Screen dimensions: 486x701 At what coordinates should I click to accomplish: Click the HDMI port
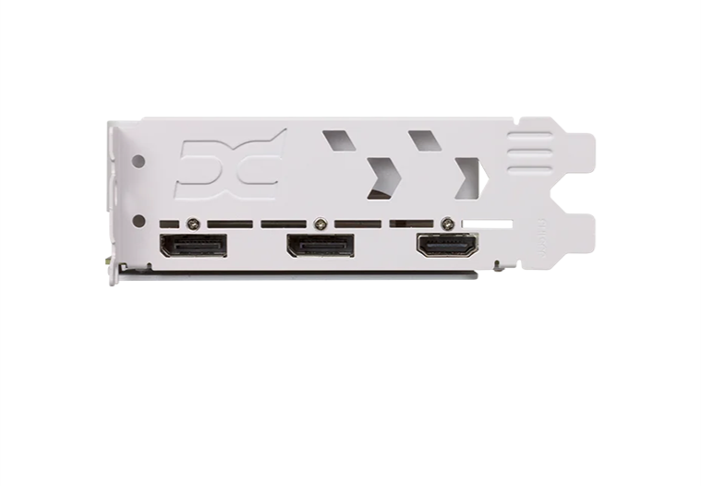(447, 246)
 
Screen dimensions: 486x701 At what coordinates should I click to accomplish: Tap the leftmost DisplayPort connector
(193, 246)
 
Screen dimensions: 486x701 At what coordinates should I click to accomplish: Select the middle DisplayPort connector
(320, 246)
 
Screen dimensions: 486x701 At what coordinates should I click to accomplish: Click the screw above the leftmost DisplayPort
(192, 223)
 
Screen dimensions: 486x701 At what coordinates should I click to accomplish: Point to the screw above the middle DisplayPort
(320, 223)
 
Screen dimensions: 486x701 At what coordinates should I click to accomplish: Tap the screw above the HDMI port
(448, 223)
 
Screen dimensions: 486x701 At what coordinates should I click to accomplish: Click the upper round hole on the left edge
(139, 161)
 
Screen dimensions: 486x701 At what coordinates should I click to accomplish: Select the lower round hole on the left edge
(139, 221)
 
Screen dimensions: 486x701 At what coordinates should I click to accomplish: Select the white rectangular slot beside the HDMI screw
(487, 223)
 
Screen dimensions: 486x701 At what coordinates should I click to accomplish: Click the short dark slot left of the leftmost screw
(168, 223)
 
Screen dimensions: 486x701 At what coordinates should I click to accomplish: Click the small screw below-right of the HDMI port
(499, 265)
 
